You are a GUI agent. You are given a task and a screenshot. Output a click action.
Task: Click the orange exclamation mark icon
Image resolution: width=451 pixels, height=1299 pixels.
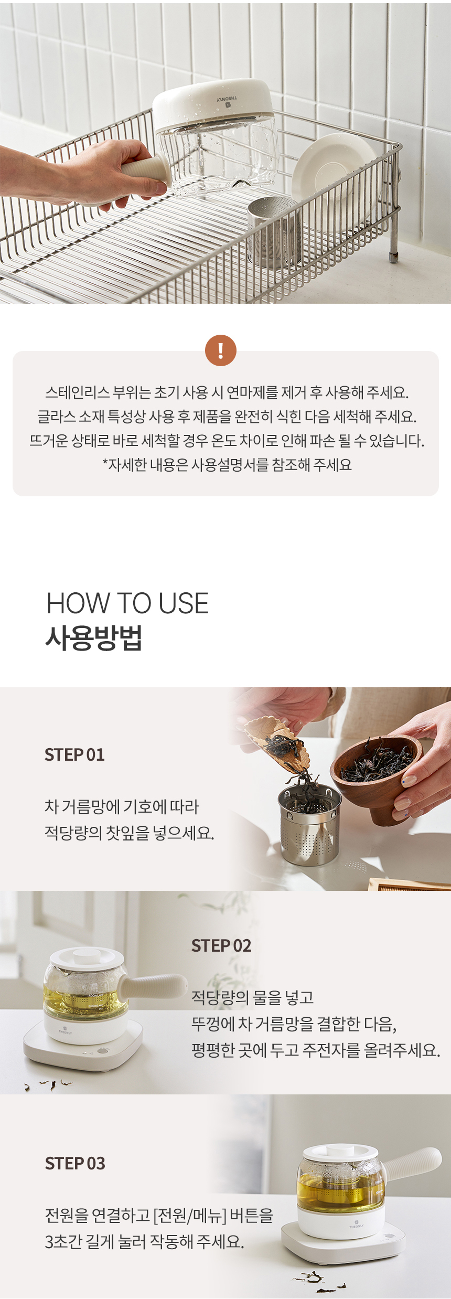(220, 350)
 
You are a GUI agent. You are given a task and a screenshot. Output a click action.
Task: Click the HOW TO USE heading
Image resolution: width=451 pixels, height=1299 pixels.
(127, 603)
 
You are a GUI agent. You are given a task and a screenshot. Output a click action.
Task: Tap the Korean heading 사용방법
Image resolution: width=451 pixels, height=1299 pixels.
(94, 638)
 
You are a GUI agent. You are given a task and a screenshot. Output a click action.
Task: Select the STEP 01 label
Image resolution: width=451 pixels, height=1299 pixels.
(74, 754)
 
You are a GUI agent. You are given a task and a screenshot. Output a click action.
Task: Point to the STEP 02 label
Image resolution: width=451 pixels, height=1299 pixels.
(221, 945)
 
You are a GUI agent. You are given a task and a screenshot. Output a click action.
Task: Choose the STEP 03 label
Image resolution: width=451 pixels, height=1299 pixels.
(75, 1163)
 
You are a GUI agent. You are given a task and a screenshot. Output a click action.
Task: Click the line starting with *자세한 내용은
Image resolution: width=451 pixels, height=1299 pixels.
(227, 465)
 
